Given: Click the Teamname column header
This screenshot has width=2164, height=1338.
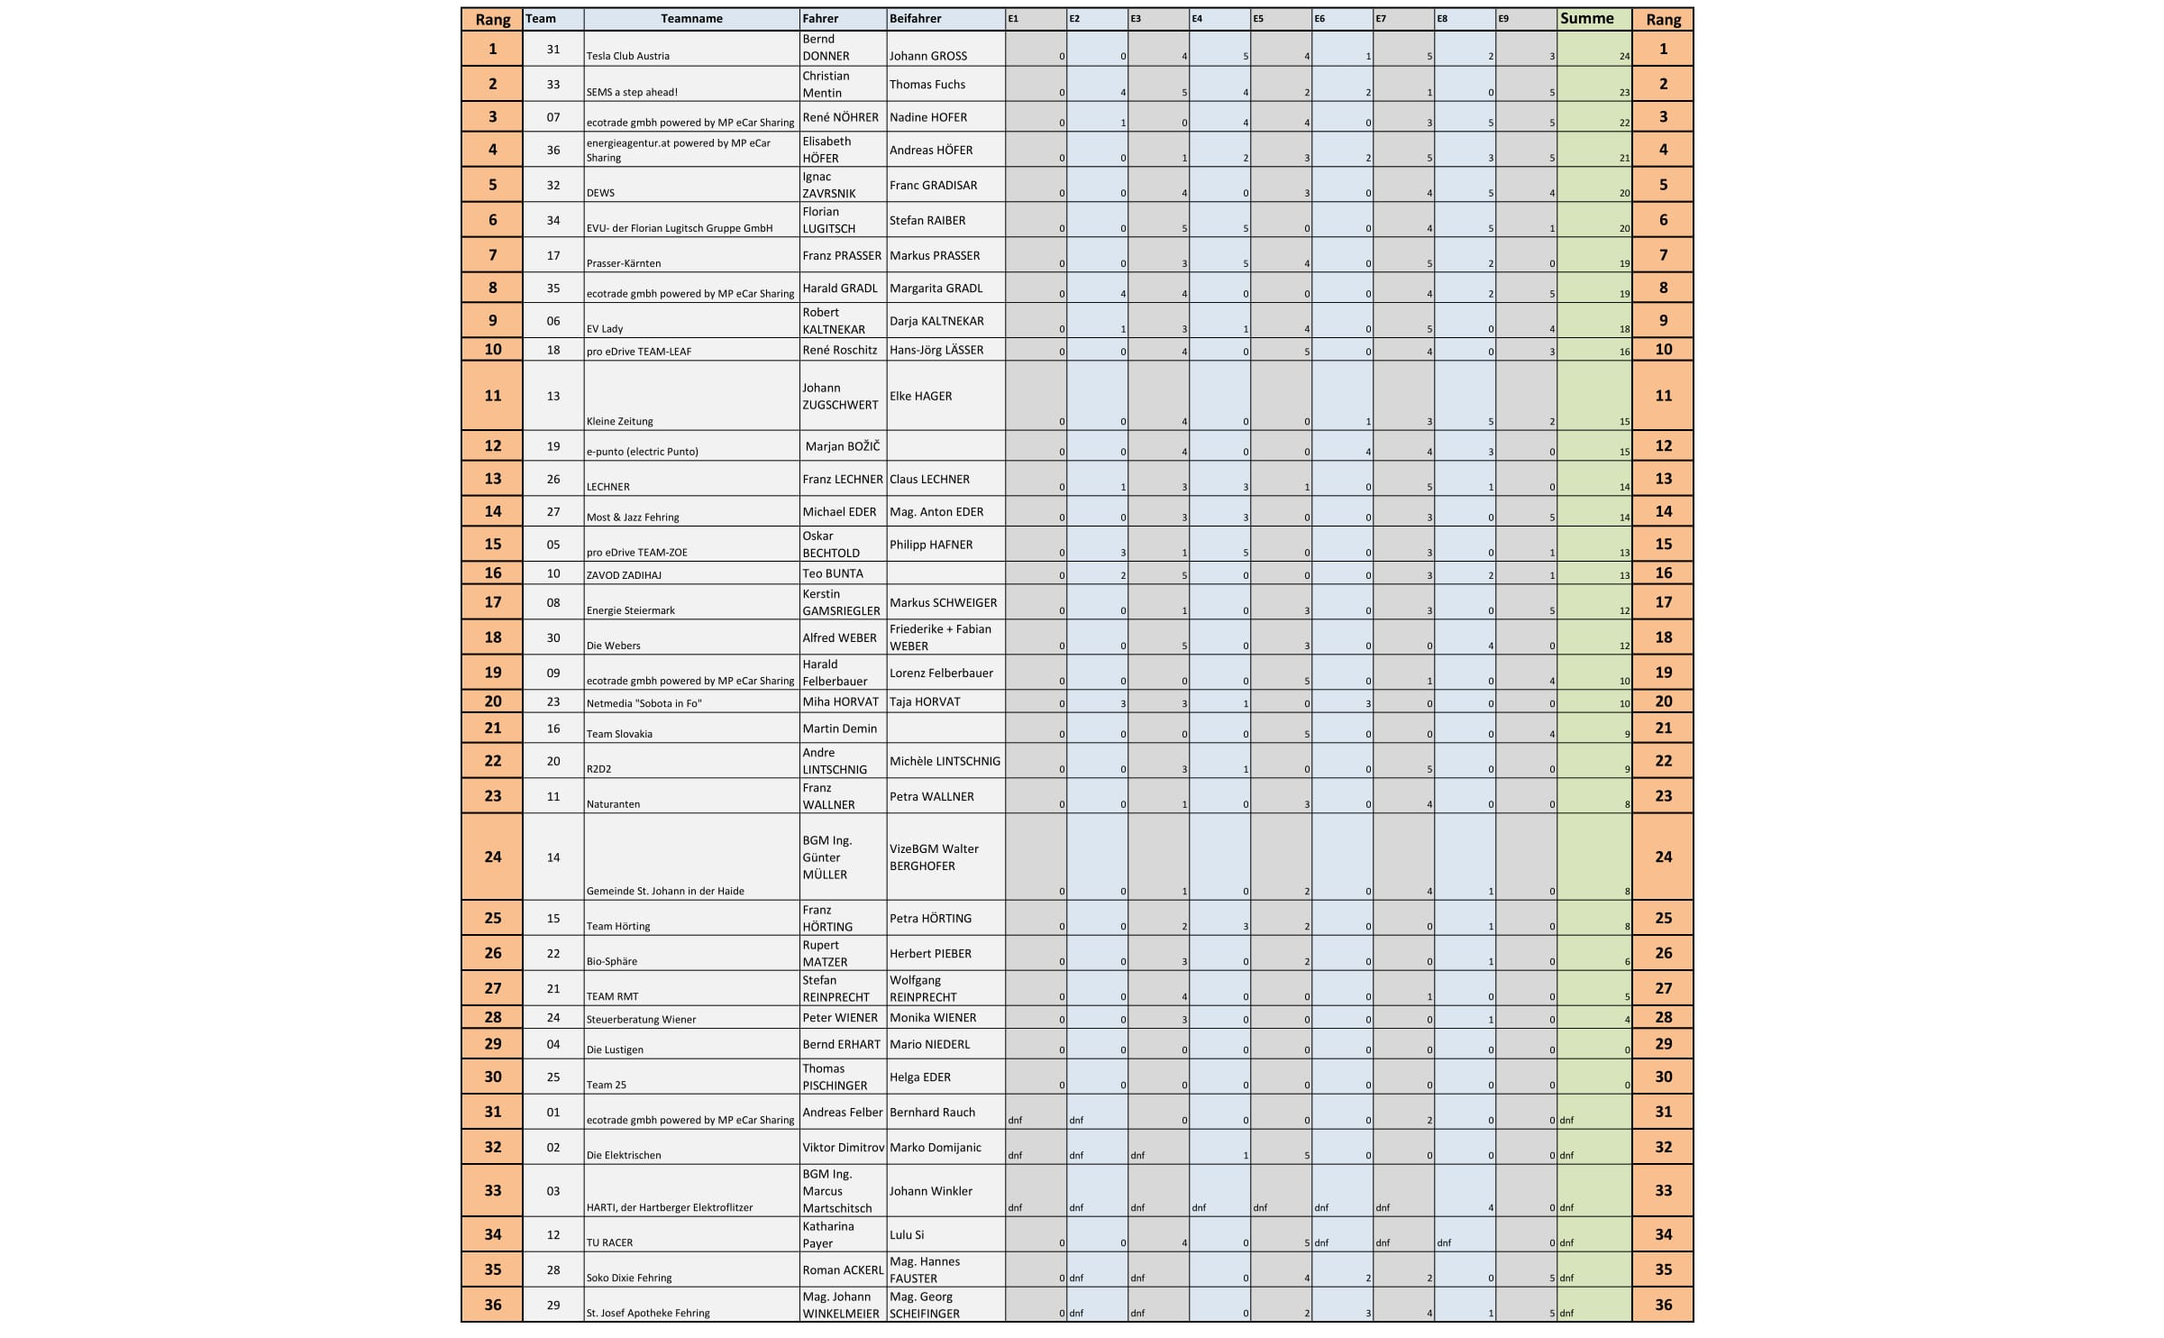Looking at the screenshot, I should point(691,19).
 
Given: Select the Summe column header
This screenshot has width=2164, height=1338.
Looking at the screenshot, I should point(1586,18).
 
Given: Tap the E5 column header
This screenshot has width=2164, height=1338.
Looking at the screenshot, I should point(1258,19).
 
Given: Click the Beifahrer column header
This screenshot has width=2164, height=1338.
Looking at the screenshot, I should point(915,19).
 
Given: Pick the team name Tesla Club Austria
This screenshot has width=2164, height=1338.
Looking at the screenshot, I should point(628,56).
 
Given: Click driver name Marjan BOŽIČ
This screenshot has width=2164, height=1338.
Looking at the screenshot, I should point(842,446).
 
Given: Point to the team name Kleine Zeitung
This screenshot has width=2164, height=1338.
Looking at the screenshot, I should point(620,421).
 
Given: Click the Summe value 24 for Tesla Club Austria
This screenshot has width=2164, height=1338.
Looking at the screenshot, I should point(1624,56).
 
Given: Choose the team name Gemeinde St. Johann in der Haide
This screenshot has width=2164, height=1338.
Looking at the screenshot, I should point(665,891).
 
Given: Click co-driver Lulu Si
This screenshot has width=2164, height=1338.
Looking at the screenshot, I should point(906,1234).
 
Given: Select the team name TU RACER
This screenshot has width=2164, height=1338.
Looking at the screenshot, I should point(609,1242).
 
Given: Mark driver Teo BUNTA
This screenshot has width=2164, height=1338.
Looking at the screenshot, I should point(832,573).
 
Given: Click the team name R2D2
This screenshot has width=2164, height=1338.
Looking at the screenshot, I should point(598,769).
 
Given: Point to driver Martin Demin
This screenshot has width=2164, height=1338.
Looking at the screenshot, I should point(839,729).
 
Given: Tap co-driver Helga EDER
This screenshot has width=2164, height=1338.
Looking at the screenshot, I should point(919,1077).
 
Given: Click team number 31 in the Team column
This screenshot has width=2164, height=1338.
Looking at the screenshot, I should point(553,49).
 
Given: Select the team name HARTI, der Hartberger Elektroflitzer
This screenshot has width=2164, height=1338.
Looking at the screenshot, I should point(669,1207).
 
